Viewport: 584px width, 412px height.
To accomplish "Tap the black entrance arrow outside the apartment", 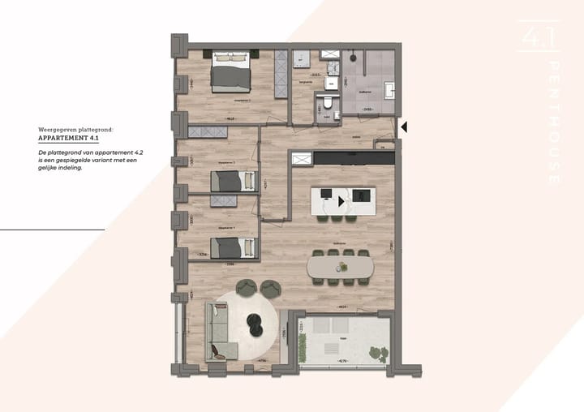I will [x=404, y=127].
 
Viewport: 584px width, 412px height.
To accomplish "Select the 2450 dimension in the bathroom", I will [x=367, y=109].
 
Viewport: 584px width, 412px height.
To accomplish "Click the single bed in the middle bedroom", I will [x=234, y=182].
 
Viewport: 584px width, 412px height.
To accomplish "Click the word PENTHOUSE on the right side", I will [x=554, y=122].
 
